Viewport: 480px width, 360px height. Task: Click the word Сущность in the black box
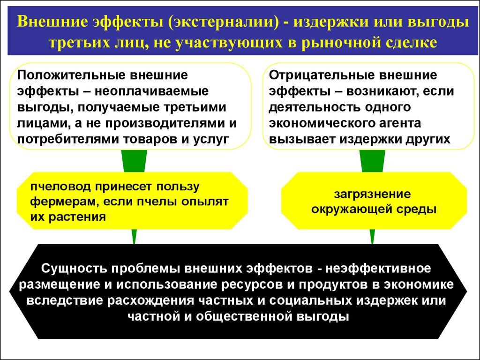coord(72,269)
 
